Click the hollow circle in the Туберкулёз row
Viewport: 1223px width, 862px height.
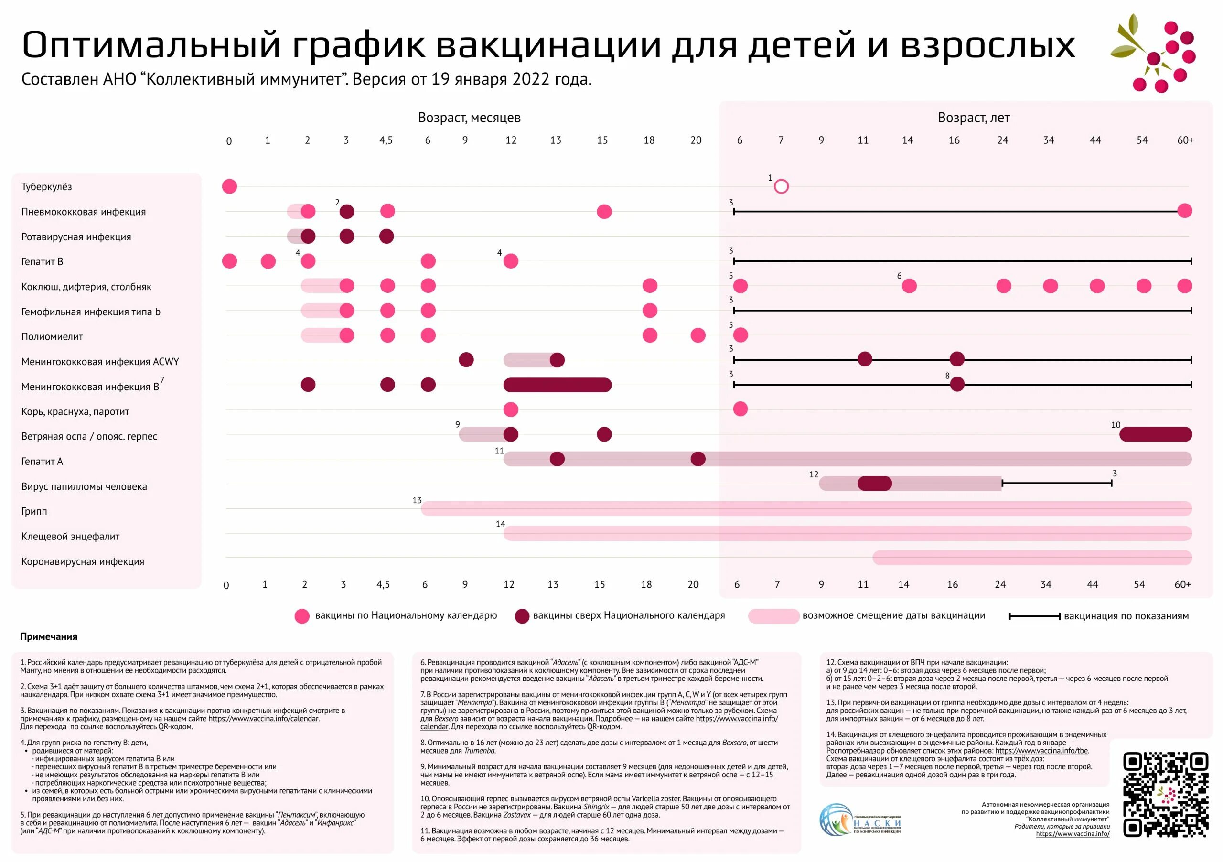[x=781, y=186]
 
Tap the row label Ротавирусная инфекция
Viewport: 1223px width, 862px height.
[x=76, y=237]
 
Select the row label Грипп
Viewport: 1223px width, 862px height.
[x=34, y=511]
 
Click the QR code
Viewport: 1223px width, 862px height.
[x=1165, y=794]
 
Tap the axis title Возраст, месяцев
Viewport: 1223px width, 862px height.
[x=469, y=118]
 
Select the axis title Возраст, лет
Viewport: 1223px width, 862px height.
[x=973, y=118]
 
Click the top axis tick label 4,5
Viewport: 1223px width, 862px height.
[x=386, y=140]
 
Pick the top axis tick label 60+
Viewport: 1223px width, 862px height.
[x=1185, y=140]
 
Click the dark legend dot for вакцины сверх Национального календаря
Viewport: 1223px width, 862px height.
[x=522, y=616]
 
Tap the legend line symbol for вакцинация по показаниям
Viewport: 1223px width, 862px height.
[x=1034, y=616]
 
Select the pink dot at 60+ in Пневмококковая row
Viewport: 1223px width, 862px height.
[x=1185, y=211]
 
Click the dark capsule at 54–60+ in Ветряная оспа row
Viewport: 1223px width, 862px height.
[x=1155, y=434]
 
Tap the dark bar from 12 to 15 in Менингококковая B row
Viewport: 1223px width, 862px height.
[x=557, y=385]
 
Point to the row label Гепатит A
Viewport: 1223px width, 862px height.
[x=42, y=462]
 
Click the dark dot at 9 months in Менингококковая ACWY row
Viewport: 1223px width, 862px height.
[x=466, y=360]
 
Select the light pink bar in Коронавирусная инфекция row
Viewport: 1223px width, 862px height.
[x=1032, y=558]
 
